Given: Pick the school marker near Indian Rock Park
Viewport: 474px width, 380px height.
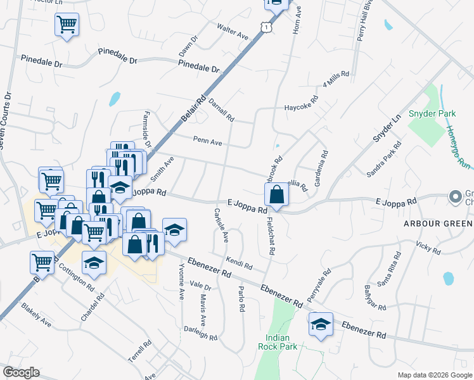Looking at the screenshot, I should pos(321,325).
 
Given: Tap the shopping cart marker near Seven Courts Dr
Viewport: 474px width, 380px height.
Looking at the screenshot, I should pos(67,25).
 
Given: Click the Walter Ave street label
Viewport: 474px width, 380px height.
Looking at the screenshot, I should pos(233,32).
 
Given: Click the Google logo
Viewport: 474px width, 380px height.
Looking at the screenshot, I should pos(21,372).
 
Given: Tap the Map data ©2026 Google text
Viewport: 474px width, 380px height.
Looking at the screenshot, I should pos(434,375).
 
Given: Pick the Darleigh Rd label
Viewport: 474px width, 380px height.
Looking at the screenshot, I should pos(201,332).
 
